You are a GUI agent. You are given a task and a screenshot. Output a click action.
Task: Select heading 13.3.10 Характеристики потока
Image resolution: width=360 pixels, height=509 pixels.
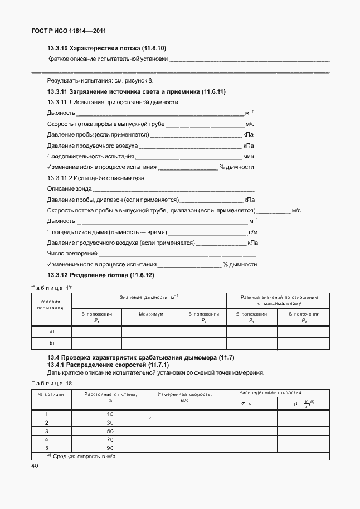click(107, 49)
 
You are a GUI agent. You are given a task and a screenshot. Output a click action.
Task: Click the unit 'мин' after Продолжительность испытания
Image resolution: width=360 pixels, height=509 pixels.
click(249, 157)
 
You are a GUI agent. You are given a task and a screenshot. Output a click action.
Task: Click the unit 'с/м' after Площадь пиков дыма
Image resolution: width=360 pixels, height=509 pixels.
click(253, 232)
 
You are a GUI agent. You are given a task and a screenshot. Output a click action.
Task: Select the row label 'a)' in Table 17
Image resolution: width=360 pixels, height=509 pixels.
click(52, 331)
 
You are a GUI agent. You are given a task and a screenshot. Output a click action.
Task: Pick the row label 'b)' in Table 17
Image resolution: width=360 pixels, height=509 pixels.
click(52, 343)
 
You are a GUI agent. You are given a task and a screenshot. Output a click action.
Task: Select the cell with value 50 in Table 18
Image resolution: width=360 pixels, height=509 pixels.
click(110, 431)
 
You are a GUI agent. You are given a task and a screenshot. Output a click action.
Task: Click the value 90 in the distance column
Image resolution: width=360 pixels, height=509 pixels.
click(110, 448)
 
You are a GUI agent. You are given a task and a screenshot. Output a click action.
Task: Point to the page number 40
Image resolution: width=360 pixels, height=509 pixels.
click(36, 466)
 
